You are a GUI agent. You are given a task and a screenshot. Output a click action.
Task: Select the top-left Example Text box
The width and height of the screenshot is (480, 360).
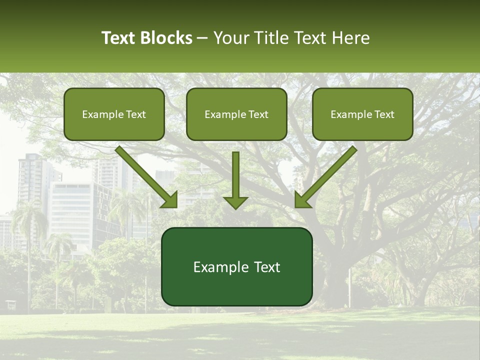click(x=114, y=114)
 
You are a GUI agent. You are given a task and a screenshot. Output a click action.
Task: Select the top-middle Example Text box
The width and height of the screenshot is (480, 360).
click(x=236, y=114)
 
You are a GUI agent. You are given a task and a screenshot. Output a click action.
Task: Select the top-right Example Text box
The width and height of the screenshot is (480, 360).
click(x=362, y=114)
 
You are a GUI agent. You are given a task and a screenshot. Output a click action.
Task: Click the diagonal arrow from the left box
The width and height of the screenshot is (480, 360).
click(x=145, y=175)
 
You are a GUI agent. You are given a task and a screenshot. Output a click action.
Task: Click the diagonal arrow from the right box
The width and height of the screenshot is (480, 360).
click(x=327, y=175)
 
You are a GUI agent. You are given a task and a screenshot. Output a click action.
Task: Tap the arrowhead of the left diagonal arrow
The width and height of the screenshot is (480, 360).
click(x=170, y=200)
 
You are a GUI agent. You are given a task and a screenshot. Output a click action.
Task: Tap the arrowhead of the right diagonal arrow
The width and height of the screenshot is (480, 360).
click(x=302, y=200)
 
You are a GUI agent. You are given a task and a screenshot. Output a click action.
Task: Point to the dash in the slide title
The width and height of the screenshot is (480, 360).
click(x=202, y=38)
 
